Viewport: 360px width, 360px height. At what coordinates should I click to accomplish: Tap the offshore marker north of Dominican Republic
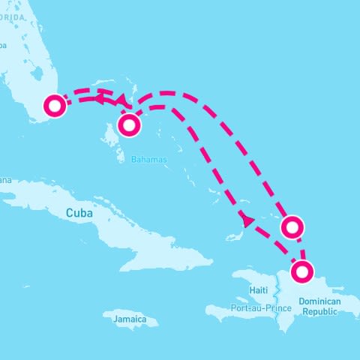292,226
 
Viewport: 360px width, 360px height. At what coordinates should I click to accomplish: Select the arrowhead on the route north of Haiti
246,220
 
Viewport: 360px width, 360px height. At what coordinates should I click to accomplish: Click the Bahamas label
148,160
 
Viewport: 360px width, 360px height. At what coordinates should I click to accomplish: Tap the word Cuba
79,214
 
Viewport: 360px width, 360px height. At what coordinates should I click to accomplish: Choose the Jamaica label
130,319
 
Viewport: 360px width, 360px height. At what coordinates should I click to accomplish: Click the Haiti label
259,290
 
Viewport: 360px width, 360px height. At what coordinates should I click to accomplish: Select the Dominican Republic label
319,306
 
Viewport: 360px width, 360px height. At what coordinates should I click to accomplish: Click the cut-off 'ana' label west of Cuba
5,180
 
